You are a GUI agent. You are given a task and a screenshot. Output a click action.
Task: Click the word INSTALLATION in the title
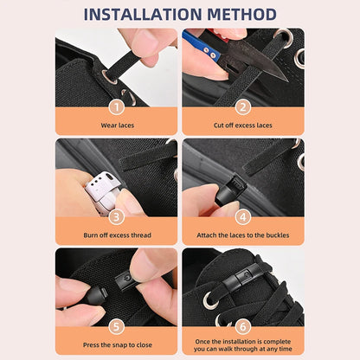141,14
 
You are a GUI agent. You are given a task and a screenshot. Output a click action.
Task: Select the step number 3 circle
117,217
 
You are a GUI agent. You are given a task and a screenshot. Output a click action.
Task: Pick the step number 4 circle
243,217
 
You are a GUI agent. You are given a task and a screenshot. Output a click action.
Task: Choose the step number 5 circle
117,327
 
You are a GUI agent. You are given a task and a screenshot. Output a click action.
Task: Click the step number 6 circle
243,327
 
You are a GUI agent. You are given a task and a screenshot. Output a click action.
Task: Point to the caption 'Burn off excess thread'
116,235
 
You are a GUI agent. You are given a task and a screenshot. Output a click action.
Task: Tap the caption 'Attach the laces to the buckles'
243,235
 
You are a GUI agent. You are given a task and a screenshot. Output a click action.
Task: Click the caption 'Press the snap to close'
116,345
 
